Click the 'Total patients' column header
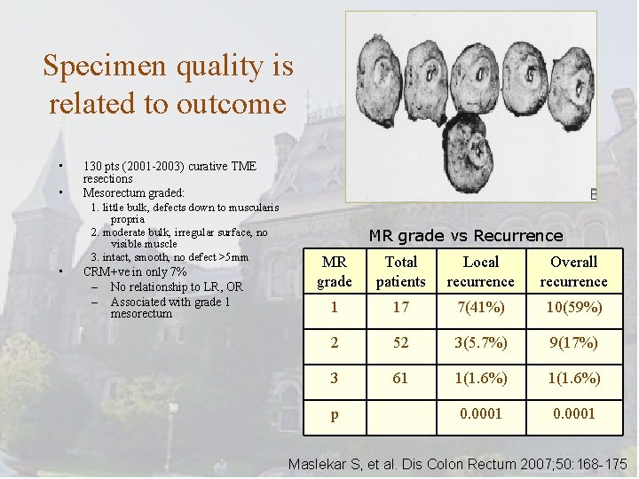pos(400,271)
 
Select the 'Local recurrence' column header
pos(480,271)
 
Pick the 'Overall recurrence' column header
pos(573,271)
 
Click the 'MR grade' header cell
pos(334,271)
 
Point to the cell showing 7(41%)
pos(480,307)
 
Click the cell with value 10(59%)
pos(573,307)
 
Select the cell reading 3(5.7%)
pos(480,342)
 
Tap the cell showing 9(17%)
pos(573,342)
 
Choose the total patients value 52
pos(400,342)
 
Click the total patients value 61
pos(400,378)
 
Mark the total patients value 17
pos(400,307)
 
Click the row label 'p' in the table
pos(334,414)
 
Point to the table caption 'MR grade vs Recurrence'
pos(466,235)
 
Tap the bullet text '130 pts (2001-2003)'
pos(143,166)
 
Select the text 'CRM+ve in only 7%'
pos(135,272)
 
